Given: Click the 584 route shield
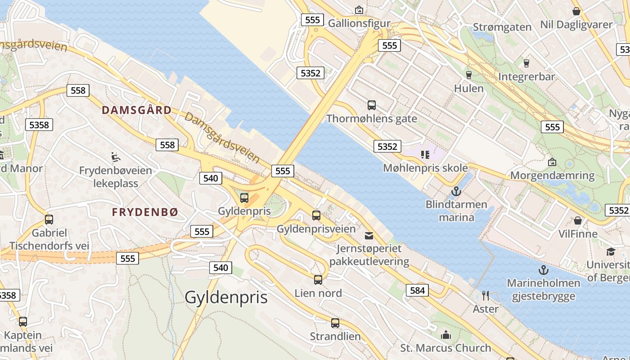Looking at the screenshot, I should [417, 290].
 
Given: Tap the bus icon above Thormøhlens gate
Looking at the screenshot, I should [372, 105].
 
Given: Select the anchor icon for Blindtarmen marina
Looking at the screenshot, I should [456, 191].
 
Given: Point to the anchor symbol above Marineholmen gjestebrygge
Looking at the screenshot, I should [544, 270].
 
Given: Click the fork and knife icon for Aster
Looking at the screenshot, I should [485, 296].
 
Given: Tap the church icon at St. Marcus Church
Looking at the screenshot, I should [446, 335].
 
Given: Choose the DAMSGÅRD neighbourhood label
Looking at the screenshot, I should [136, 110].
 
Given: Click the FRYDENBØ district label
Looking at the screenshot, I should [145, 212].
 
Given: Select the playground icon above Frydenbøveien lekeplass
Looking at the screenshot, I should [116, 157].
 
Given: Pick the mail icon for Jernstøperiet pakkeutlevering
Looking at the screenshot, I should [369, 235].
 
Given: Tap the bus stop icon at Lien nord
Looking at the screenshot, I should [318, 280].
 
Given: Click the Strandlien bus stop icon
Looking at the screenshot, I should [335, 323].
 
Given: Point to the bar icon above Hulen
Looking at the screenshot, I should [468, 75].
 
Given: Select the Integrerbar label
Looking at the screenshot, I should [526, 77].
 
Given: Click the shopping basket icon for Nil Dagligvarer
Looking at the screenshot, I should [576, 11].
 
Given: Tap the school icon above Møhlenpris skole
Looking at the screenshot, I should [425, 155].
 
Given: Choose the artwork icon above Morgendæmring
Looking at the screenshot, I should [552, 162].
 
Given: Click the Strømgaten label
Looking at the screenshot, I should [502, 27].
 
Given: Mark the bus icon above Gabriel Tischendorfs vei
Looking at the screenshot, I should [49, 220].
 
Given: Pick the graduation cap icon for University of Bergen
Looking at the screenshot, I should [611, 252].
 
